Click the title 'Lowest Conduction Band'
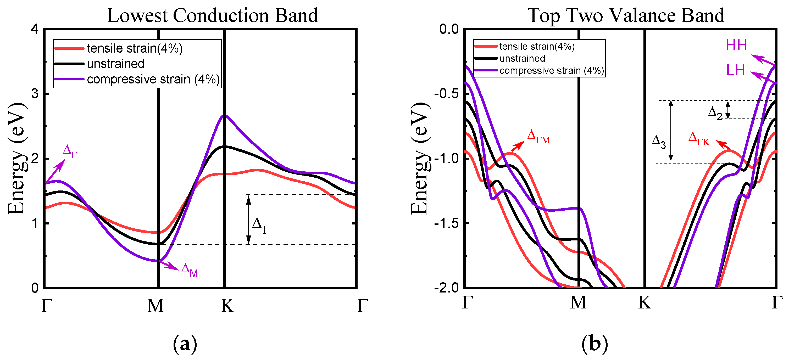pos(212,15)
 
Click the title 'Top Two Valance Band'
pos(626,15)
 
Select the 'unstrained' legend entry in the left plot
pos(115,64)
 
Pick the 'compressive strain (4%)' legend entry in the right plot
pos(551,71)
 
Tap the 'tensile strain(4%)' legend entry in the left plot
pos(135,48)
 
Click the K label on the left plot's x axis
pos(227,306)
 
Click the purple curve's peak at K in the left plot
pos(225,115)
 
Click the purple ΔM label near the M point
pos(189,270)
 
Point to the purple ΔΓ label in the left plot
pos(70,151)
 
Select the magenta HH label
pos(736,45)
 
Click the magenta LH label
pos(736,71)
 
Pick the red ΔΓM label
pos(538,137)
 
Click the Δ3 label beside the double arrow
pos(659,142)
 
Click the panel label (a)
pos(185,344)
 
